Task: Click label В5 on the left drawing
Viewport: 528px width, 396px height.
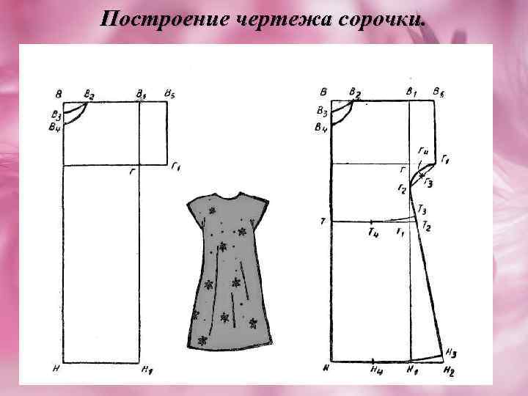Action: click(x=169, y=94)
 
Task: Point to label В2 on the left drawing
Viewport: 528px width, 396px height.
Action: click(x=89, y=94)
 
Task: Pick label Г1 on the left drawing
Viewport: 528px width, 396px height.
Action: click(x=175, y=169)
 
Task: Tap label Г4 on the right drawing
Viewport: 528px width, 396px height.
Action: click(x=423, y=150)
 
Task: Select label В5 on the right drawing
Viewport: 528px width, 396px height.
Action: click(x=438, y=92)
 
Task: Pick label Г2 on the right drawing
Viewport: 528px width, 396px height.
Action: click(x=402, y=189)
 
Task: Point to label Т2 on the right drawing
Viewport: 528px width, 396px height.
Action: click(x=426, y=227)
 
